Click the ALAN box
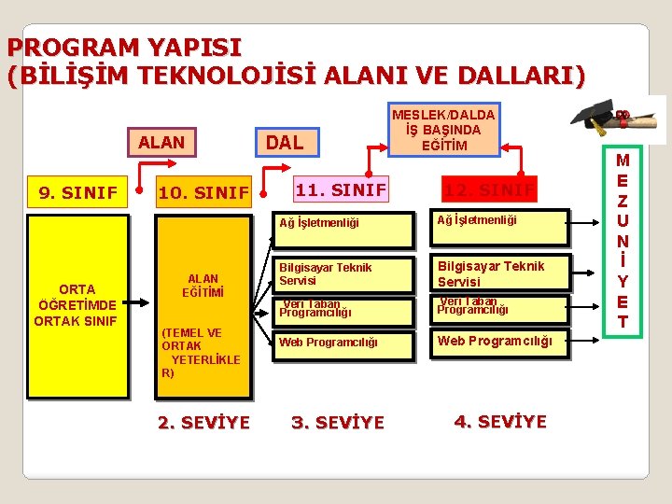[161, 143]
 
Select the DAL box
[286, 143]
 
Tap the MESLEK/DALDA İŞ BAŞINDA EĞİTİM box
[444, 129]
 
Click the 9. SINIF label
[77, 193]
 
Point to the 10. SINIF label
[203, 194]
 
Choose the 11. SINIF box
[340, 190]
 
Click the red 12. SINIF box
[490, 190]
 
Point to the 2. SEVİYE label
[203, 423]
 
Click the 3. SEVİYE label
[337, 423]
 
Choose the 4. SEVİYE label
[500, 421]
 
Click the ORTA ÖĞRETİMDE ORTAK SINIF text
[76, 304]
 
